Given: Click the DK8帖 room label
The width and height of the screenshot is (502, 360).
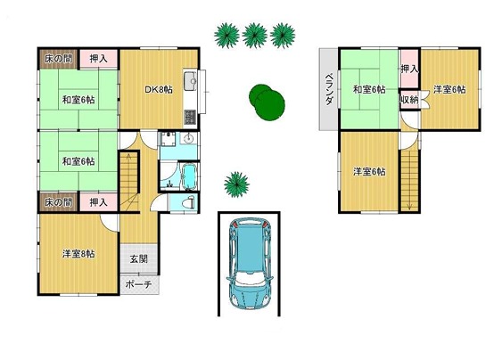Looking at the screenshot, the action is [x=159, y=90].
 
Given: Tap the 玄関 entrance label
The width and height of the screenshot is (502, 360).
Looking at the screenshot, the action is [x=139, y=259].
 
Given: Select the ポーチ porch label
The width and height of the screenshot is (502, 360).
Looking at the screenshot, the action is [x=138, y=284].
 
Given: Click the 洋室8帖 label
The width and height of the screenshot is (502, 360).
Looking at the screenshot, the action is [x=78, y=254].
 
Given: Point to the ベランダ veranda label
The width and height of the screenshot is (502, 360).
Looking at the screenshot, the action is [x=329, y=90].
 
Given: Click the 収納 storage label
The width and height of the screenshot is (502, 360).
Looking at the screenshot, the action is [x=409, y=100].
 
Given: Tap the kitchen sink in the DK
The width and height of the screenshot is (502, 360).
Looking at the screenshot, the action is [x=191, y=81].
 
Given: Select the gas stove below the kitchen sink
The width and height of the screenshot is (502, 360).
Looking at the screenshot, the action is [x=190, y=117].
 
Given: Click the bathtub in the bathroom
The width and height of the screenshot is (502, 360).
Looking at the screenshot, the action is [x=190, y=176].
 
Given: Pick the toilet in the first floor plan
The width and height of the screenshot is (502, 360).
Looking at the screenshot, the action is [x=188, y=203].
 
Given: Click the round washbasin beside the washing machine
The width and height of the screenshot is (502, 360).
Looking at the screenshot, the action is [x=189, y=138].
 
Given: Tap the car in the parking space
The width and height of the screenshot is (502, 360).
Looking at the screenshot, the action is [x=250, y=264].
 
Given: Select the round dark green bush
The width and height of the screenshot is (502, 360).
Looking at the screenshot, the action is [x=267, y=102].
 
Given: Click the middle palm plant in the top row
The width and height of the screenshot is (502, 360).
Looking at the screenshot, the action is [x=255, y=36].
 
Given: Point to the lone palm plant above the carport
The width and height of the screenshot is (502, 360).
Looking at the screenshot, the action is [x=236, y=184].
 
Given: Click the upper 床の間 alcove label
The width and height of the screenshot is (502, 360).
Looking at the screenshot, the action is [x=58, y=59].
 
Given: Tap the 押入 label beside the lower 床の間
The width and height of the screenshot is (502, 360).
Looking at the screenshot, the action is [x=98, y=202].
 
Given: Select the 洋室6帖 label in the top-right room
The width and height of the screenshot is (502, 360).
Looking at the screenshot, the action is [x=449, y=90].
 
